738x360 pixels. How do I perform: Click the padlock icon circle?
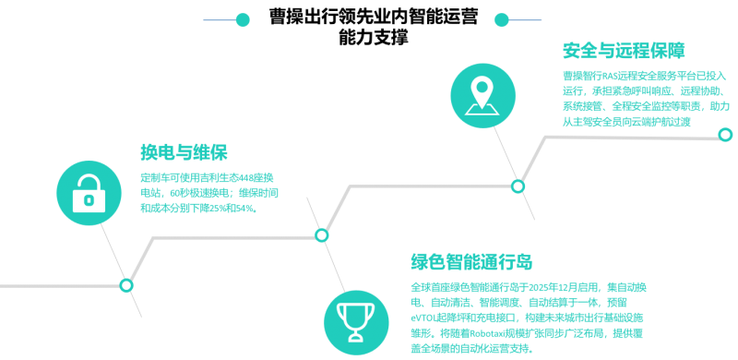point(89,193)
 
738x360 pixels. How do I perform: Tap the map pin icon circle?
point(482,96)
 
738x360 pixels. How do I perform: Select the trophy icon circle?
point(356,322)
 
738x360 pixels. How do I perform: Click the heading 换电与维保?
point(184,152)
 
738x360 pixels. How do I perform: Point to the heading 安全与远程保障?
point(624,51)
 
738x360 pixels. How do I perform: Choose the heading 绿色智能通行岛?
point(471,261)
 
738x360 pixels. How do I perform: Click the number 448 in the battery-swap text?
point(246,178)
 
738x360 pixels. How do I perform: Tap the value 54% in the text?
point(246,208)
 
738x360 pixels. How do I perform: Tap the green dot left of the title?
point(243,19)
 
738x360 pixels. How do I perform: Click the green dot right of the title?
point(502,19)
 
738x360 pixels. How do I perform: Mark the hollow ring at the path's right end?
point(726,134)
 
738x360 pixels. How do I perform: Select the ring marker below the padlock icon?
point(126,285)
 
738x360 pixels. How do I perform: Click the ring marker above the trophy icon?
point(321,234)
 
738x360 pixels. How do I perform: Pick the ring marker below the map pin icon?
point(518,186)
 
